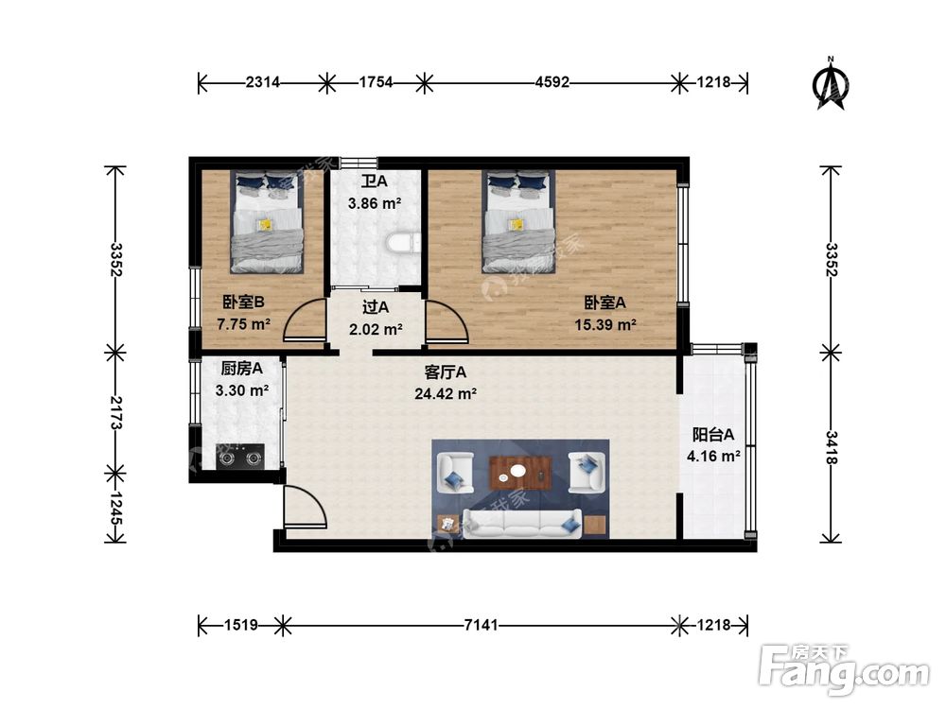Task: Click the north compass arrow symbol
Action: [x=831, y=84]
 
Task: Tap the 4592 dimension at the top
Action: [x=552, y=82]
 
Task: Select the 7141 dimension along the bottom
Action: [x=481, y=625]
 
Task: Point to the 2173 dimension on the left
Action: [x=115, y=413]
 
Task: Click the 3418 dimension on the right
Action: [x=832, y=447]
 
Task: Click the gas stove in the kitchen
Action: [x=240, y=457]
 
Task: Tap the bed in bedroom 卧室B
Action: [x=266, y=221]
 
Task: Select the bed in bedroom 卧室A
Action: [x=517, y=221]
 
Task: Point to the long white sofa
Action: [x=522, y=524]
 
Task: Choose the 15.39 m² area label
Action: [x=605, y=325]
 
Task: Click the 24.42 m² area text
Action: [x=446, y=394]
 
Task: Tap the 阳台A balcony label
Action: [x=713, y=435]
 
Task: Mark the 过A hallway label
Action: [x=376, y=307]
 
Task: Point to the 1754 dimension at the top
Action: [x=377, y=82]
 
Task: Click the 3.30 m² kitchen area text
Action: [x=242, y=390]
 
